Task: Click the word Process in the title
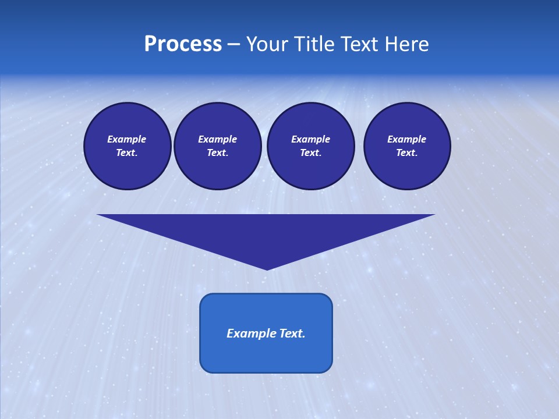[x=183, y=44]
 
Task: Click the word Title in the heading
[x=314, y=44]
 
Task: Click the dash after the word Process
[x=233, y=45]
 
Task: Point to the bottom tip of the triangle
[x=267, y=268]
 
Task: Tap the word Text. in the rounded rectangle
[x=291, y=333]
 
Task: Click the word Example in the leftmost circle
[x=127, y=139]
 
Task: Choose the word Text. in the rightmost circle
[x=407, y=152]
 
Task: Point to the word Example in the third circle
[x=311, y=139]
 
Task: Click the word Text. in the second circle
[x=218, y=152]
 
